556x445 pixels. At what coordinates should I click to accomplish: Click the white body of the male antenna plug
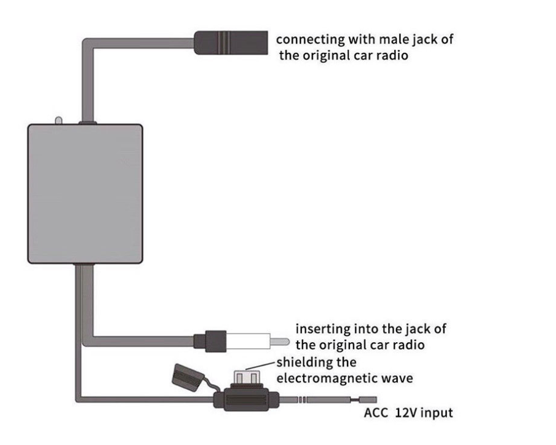(x=252, y=339)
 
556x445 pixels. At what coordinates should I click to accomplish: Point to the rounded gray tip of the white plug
(x=283, y=340)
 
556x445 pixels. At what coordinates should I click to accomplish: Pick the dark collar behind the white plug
(x=207, y=339)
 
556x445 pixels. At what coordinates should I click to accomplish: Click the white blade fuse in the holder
(x=247, y=377)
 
